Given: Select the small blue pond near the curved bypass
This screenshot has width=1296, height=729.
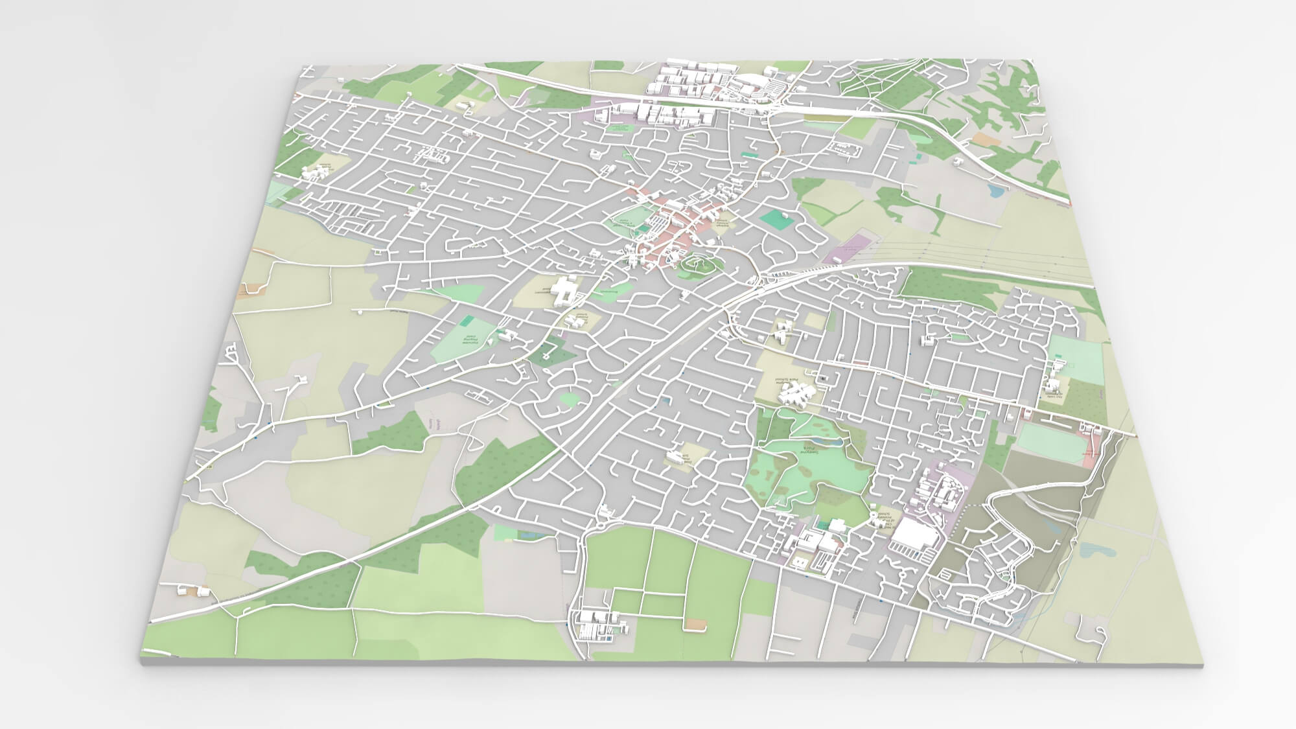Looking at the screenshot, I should (994, 191).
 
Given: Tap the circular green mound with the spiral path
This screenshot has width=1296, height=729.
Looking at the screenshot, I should (699, 264).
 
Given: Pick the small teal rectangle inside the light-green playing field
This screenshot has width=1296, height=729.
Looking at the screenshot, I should (467, 320).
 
